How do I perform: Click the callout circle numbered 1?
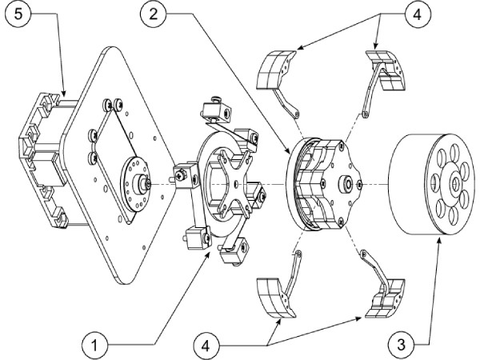click(94, 346)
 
